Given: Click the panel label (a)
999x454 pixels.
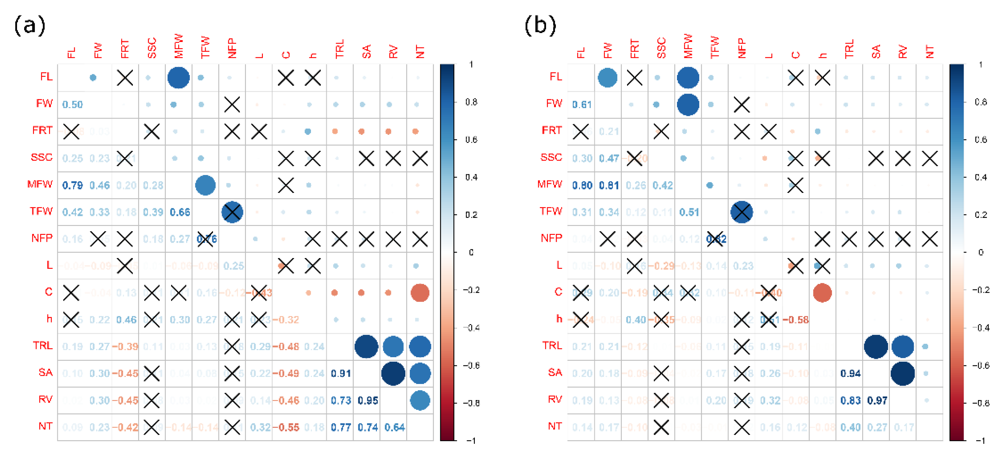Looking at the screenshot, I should [29, 26].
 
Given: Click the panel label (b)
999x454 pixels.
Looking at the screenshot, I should [540, 26].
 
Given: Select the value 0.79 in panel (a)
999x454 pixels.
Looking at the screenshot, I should [72, 185].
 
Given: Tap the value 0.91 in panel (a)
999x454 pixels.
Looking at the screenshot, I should [341, 373].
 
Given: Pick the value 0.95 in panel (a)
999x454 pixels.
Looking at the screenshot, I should [367, 400].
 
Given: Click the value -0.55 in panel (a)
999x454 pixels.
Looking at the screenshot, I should [286, 427].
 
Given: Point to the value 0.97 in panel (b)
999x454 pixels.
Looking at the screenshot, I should [877, 400].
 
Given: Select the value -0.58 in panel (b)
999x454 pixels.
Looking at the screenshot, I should [796, 320].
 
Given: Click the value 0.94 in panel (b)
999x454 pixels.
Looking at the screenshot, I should [850, 373].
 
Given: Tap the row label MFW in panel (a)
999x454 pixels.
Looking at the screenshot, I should [40, 184].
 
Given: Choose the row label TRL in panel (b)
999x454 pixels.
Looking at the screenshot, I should [552, 345].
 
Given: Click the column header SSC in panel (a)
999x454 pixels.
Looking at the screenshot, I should [152, 48].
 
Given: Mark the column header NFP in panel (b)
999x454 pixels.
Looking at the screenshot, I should [741, 48].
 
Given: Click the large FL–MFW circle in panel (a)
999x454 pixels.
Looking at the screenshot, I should [178, 78].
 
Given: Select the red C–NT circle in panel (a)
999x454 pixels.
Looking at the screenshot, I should [420, 293].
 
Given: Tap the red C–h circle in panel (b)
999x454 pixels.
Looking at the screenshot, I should [822, 293].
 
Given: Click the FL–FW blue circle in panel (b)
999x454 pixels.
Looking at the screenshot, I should [607, 78].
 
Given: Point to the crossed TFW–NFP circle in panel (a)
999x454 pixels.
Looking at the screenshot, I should [232, 212].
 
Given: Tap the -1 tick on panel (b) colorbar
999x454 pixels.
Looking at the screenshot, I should [980, 440].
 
